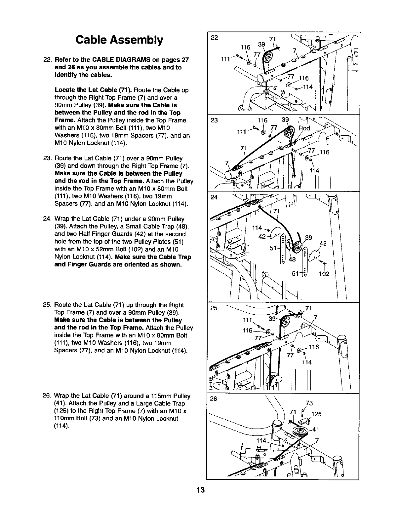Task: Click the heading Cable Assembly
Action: (x=119, y=40)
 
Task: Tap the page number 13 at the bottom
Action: (x=200, y=490)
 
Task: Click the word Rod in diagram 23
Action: (x=304, y=128)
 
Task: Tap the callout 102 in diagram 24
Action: (x=324, y=274)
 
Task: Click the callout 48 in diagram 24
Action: (x=292, y=259)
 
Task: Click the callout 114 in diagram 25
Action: (x=307, y=362)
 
